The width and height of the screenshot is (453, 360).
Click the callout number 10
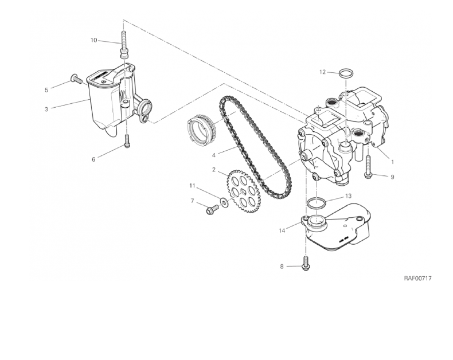pos(94,40)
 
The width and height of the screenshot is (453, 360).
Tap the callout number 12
pos(323,72)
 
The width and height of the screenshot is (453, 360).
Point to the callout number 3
pos(46,109)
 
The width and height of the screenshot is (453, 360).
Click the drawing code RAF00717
pos(417,278)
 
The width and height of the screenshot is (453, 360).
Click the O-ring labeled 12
pos(346,73)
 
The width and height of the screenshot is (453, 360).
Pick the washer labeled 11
pos(224,201)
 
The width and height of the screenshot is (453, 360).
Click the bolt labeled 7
pos(212,209)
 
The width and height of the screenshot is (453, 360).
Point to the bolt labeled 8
pos(306,263)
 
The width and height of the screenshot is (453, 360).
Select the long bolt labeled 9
pos(368,167)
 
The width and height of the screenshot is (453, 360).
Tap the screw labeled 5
pos(76,79)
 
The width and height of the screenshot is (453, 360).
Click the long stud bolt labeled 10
pos(123,44)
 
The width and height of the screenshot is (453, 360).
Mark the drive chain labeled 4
pos(255,148)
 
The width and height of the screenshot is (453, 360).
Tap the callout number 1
pos(392,162)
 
